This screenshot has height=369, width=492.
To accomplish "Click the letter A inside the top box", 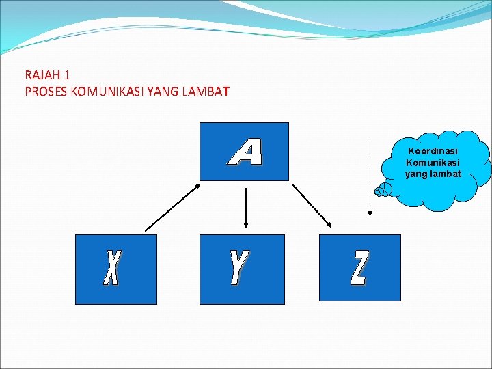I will point(245,152).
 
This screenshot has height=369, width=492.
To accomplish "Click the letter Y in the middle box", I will point(238,268).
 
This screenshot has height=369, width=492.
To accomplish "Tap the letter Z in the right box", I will point(359,268).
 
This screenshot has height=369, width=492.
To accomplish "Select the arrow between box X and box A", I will point(172,206).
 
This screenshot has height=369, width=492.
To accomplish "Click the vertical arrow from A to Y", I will point(245,207).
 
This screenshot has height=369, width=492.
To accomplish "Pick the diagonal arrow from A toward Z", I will point(312,206).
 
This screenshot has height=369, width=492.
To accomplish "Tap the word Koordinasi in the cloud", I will point(433,151).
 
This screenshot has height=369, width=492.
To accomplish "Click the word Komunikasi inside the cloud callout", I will point(433,163).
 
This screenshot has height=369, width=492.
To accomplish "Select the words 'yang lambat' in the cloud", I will point(433,174).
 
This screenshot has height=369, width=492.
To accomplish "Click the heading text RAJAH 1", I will point(47,74).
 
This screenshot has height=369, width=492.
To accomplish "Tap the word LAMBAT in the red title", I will point(206,91).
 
